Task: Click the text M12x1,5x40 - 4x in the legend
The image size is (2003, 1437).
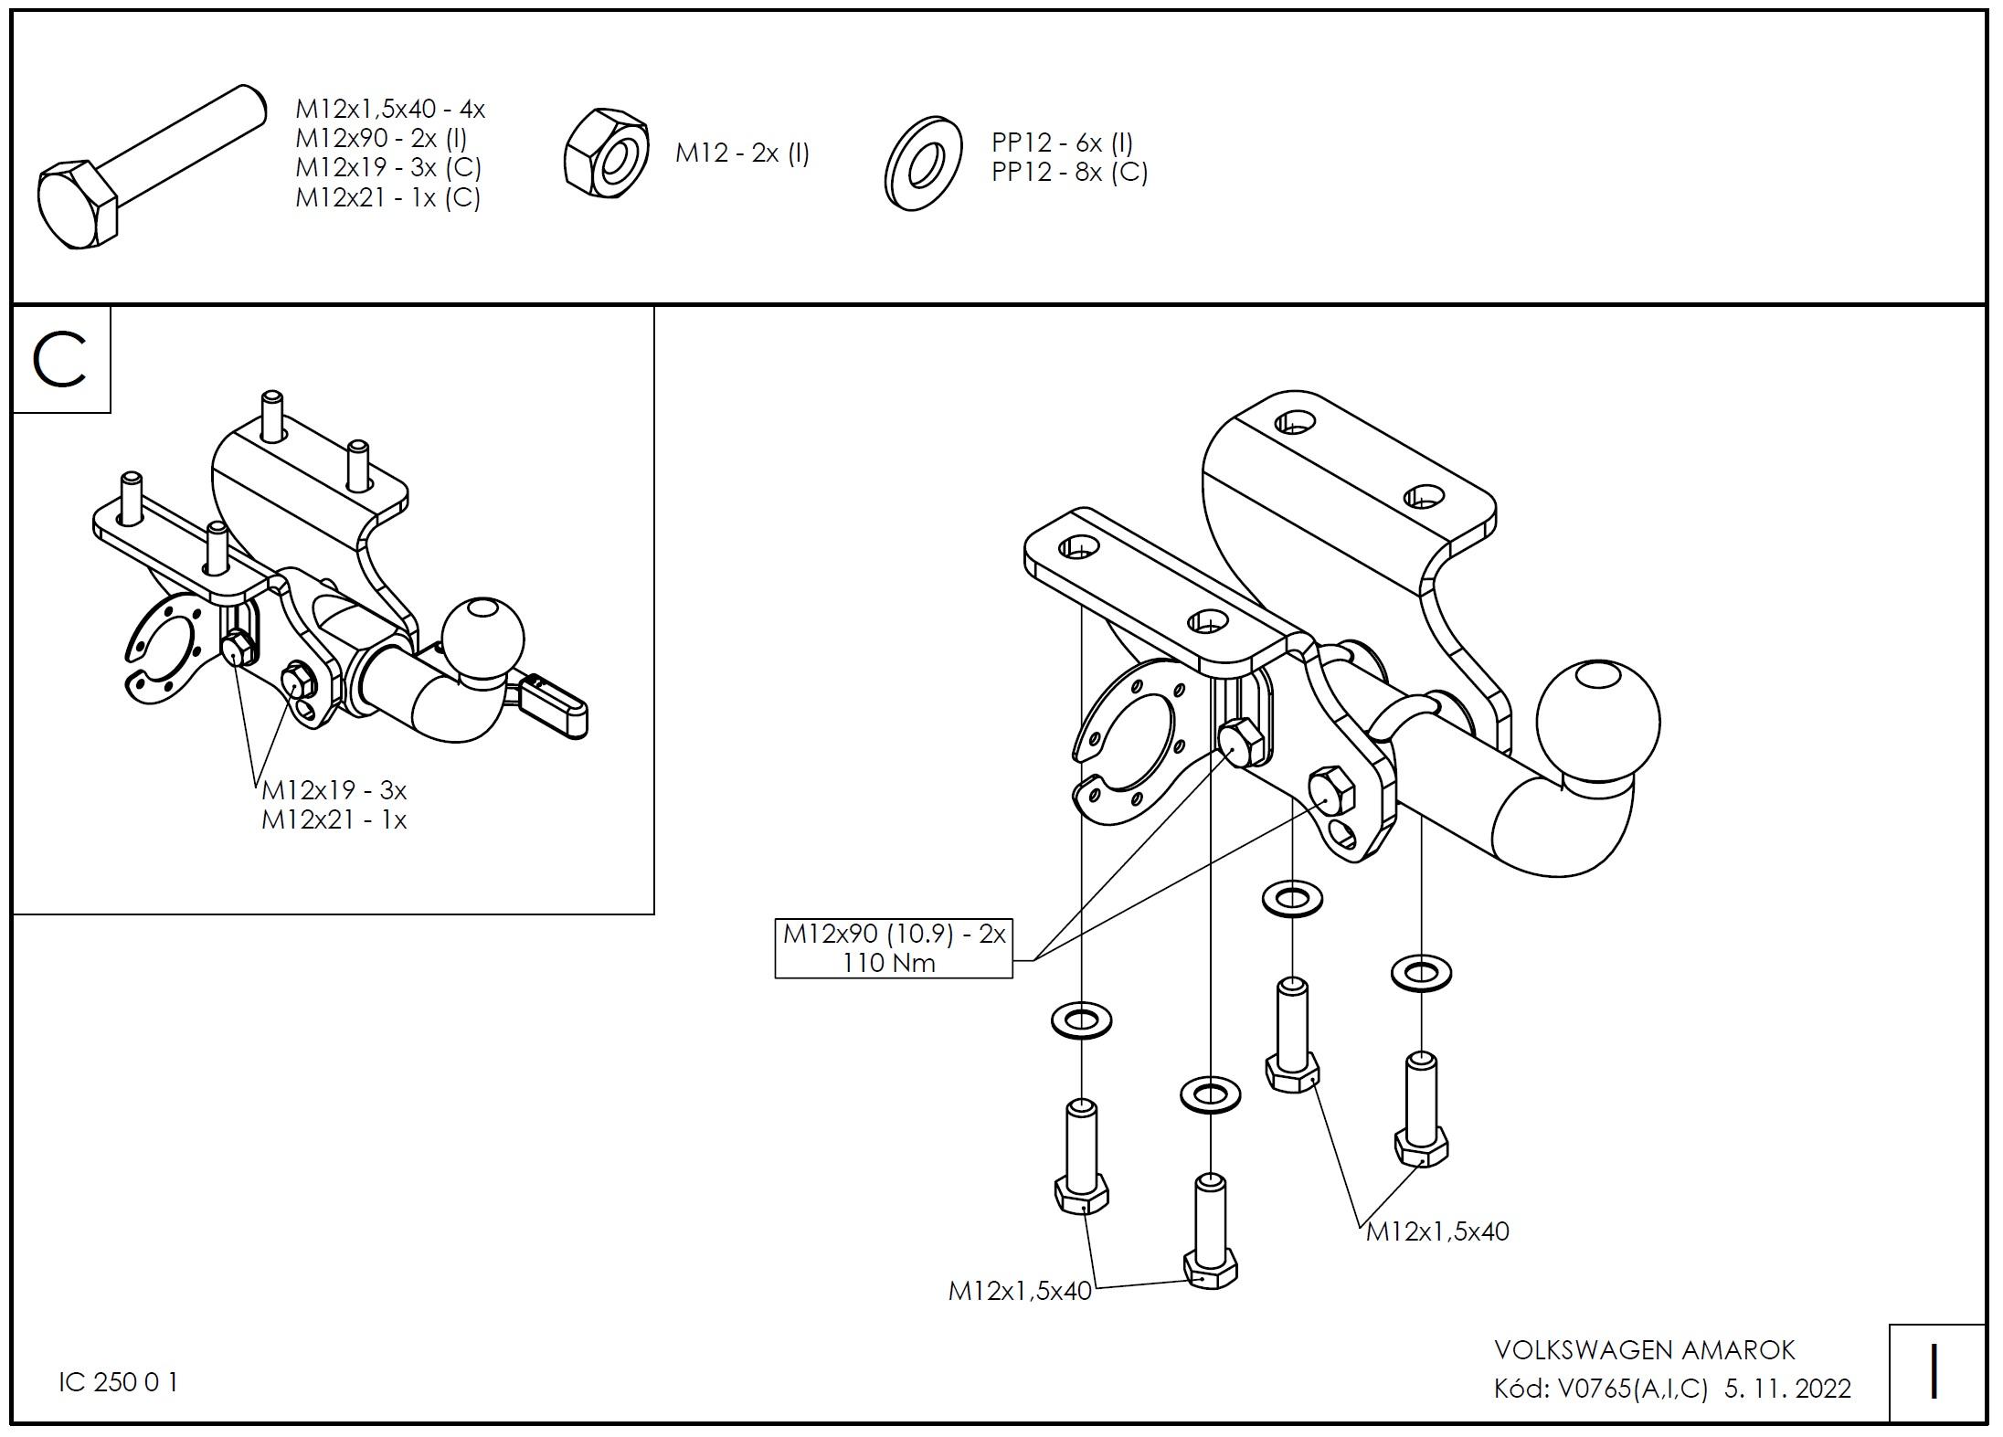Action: pyautogui.click(x=389, y=110)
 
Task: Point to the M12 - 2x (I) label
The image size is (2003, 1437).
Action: pyautogui.click(x=742, y=153)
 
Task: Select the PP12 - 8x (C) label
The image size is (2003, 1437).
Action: pyautogui.click(x=1069, y=173)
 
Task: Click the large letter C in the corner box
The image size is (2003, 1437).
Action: pyautogui.click(x=59, y=360)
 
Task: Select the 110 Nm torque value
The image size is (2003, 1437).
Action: pyautogui.click(x=889, y=963)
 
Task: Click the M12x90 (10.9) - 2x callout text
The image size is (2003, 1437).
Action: pyautogui.click(x=894, y=934)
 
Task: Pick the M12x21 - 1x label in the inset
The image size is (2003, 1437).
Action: pyautogui.click(x=334, y=819)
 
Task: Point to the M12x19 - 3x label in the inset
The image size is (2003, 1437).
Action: pyautogui.click(x=334, y=789)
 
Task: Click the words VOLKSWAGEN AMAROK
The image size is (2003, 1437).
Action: pyautogui.click(x=1644, y=1349)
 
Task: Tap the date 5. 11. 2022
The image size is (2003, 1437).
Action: pyautogui.click(x=1787, y=1389)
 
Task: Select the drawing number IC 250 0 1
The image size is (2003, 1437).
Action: pyautogui.click(x=119, y=1382)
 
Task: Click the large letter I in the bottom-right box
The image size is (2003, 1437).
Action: pyautogui.click(x=1934, y=1372)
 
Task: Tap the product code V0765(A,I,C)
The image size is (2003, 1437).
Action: pyautogui.click(x=1632, y=1389)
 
